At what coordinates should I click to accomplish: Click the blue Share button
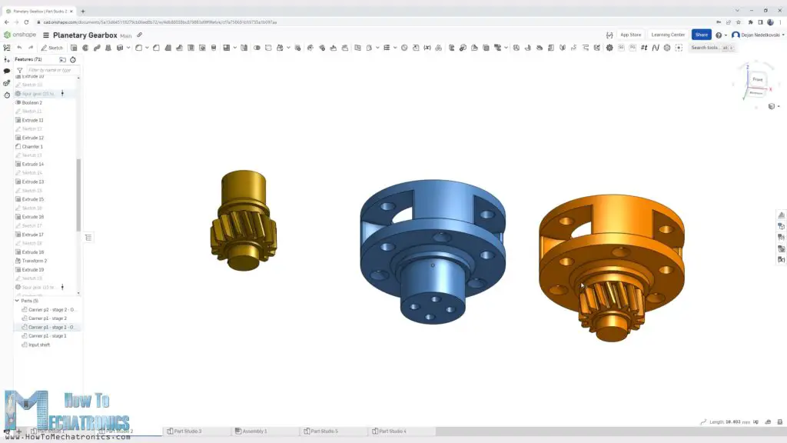pyautogui.click(x=701, y=35)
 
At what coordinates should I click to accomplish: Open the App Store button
pyautogui.click(x=630, y=35)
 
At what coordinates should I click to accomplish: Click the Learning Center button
pyautogui.click(x=667, y=35)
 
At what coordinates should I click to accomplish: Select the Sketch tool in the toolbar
pyautogui.click(x=52, y=48)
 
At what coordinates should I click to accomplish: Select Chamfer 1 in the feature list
pyautogui.click(x=32, y=146)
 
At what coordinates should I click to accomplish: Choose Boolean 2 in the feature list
pyautogui.click(x=32, y=102)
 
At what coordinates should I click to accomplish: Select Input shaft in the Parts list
pyautogui.click(x=39, y=345)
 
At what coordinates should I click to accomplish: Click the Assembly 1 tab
pyautogui.click(x=254, y=431)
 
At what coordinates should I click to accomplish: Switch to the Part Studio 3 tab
pyautogui.click(x=188, y=431)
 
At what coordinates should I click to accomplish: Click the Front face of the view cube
pyautogui.click(x=757, y=79)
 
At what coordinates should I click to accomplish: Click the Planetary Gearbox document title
pyautogui.click(x=81, y=35)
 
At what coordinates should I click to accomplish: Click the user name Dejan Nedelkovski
pyautogui.click(x=759, y=35)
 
